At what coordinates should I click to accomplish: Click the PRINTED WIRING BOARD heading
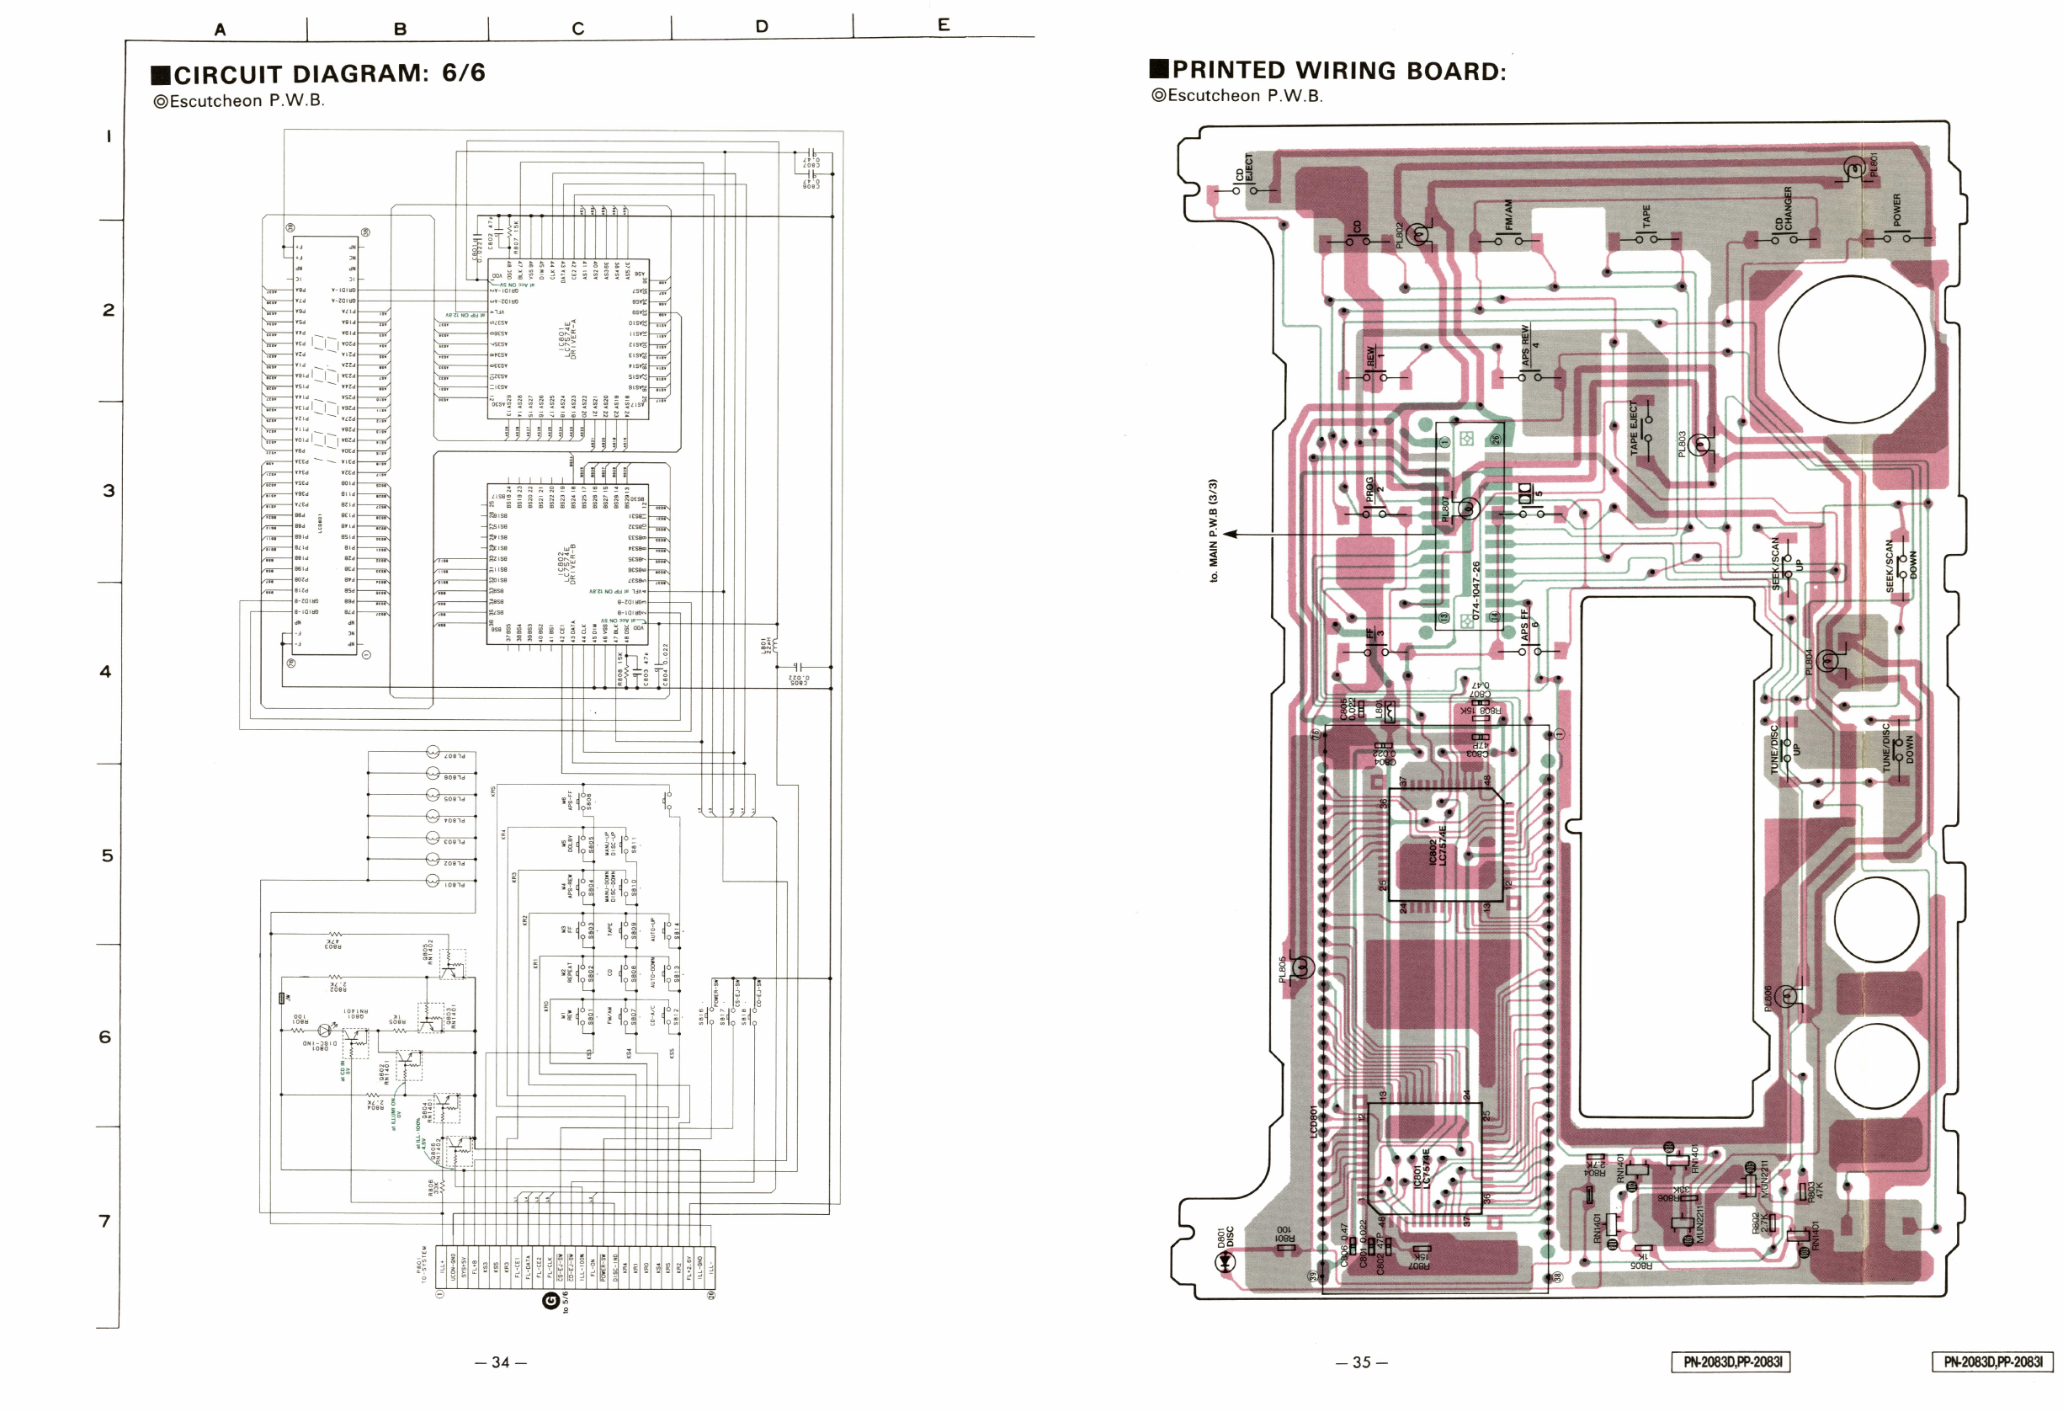[1328, 70]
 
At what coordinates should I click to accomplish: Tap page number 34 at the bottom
[501, 1361]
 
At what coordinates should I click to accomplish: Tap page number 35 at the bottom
[1361, 1361]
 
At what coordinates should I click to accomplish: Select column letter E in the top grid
[944, 25]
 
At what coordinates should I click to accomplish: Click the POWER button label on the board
[1897, 210]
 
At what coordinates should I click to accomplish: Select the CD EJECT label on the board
[1244, 168]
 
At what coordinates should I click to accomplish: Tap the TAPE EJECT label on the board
[1634, 428]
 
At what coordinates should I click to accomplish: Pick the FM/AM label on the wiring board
[1509, 216]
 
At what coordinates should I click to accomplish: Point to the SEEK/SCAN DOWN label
[1901, 566]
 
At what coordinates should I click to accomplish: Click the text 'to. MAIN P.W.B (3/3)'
[1213, 530]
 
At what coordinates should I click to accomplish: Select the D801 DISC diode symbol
[1228, 1265]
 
